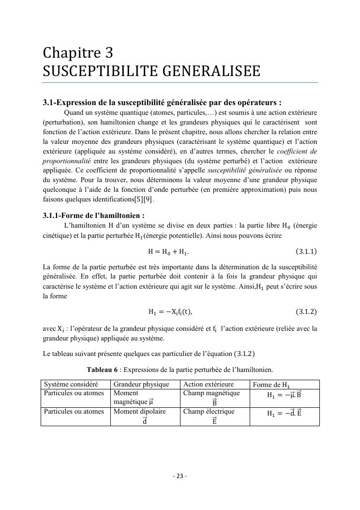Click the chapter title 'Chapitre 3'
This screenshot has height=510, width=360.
click(x=77, y=52)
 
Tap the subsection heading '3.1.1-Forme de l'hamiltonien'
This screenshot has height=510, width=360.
click(x=93, y=216)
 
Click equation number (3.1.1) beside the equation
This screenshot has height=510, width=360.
click(x=306, y=251)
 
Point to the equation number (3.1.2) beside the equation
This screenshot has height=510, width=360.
click(x=306, y=311)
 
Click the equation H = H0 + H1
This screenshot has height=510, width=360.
click(x=168, y=251)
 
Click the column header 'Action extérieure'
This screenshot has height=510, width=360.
click(x=209, y=385)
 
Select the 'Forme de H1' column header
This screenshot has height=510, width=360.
click(x=272, y=385)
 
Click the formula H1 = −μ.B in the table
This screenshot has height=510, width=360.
click(x=285, y=395)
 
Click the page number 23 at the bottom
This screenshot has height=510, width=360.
click(x=180, y=476)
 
